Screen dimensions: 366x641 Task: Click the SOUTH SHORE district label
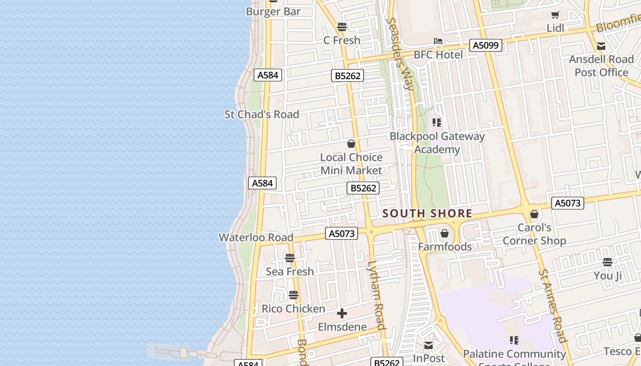click(x=427, y=213)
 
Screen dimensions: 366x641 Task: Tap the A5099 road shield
click(x=486, y=45)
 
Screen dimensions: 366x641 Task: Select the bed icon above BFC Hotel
click(x=438, y=41)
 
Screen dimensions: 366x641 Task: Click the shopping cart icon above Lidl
click(x=555, y=15)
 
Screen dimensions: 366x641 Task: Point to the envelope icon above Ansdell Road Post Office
click(x=601, y=46)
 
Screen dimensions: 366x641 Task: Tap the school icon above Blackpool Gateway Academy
click(x=437, y=123)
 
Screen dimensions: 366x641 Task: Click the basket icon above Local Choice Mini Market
click(x=351, y=144)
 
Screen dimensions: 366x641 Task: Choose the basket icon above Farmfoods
click(x=444, y=234)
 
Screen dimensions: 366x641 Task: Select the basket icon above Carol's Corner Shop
click(x=534, y=214)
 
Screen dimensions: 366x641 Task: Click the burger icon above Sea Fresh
click(x=290, y=258)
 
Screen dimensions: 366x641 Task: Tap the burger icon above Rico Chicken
click(x=293, y=296)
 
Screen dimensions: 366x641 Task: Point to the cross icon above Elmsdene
click(x=342, y=314)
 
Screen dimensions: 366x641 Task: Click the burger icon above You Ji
click(x=608, y=263)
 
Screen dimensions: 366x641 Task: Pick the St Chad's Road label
click(x=261, y=114)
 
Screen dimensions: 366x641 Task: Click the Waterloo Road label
click(x=256, y=237)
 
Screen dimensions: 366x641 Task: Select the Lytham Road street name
click(x=377, y=295)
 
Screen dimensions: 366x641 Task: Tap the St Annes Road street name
click(x=553, y=306)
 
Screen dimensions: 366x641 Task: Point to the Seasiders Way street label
click(x=400, y=53)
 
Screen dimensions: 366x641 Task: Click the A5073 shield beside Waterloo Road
click(x=342, y=233)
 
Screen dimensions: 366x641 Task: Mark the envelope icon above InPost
click(x=429, y=345)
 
